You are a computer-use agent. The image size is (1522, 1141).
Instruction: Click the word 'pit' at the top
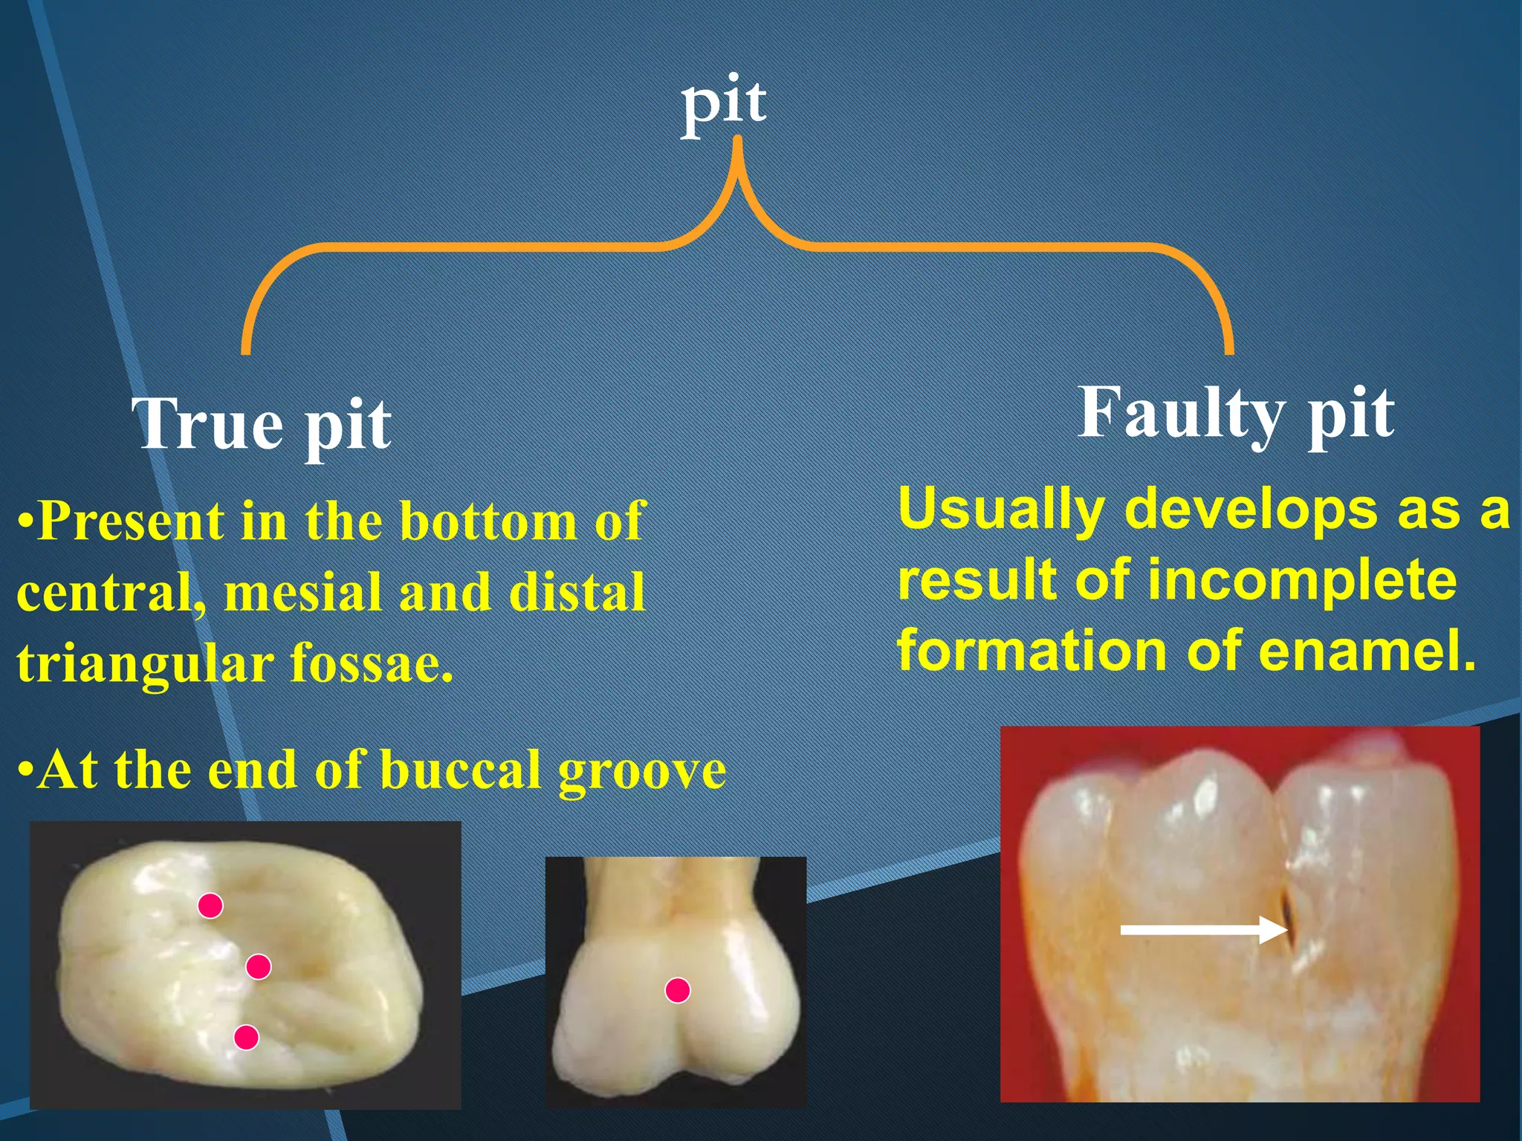724,104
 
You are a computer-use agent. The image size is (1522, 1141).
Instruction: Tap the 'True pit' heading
262,424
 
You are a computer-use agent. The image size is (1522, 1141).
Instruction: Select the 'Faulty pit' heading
1235,414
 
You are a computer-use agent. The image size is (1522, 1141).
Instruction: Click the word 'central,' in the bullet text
110,593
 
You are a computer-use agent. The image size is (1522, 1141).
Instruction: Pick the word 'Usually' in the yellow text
1000,510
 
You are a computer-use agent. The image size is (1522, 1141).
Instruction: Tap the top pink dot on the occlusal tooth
210,906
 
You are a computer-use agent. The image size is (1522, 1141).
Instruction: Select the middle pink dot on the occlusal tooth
258,966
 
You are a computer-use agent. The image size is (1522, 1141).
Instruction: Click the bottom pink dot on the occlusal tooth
246,1037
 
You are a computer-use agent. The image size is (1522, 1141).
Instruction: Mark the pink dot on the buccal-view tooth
677,990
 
